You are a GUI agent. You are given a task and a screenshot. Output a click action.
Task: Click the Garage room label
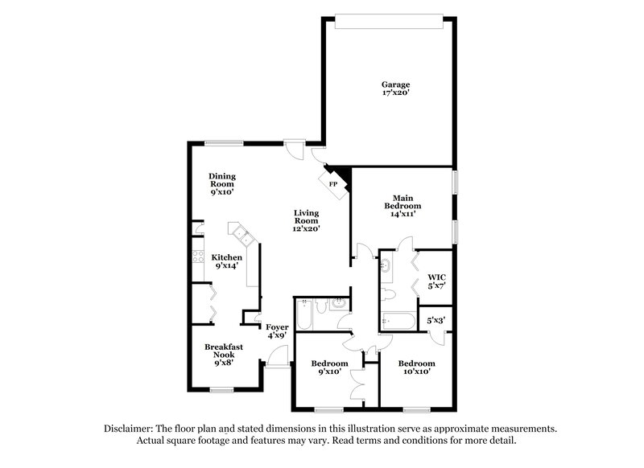pos(394,84)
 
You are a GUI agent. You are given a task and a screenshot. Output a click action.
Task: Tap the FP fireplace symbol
pos(332,184)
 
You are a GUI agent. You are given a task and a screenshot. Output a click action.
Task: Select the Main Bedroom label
pos(402,202)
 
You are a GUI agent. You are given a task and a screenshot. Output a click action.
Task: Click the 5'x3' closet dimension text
pos(436,319)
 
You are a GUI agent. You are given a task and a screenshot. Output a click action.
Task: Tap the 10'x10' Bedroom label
pos(416,367)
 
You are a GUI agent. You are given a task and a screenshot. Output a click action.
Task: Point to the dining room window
pos(223,143)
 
